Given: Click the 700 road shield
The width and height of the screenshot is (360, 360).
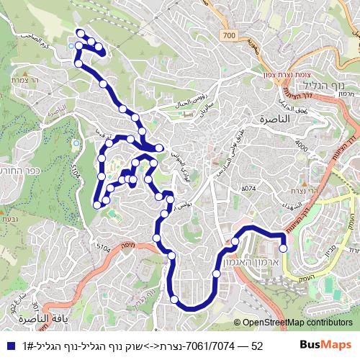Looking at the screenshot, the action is click(x=229, y=35).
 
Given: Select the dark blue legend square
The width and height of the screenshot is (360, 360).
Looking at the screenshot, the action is click(x=8, y=346).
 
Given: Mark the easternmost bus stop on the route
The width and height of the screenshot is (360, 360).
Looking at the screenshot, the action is click(x=283, y=248).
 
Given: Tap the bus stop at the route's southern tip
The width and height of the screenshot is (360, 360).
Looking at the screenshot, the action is click(x=174, y=299).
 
